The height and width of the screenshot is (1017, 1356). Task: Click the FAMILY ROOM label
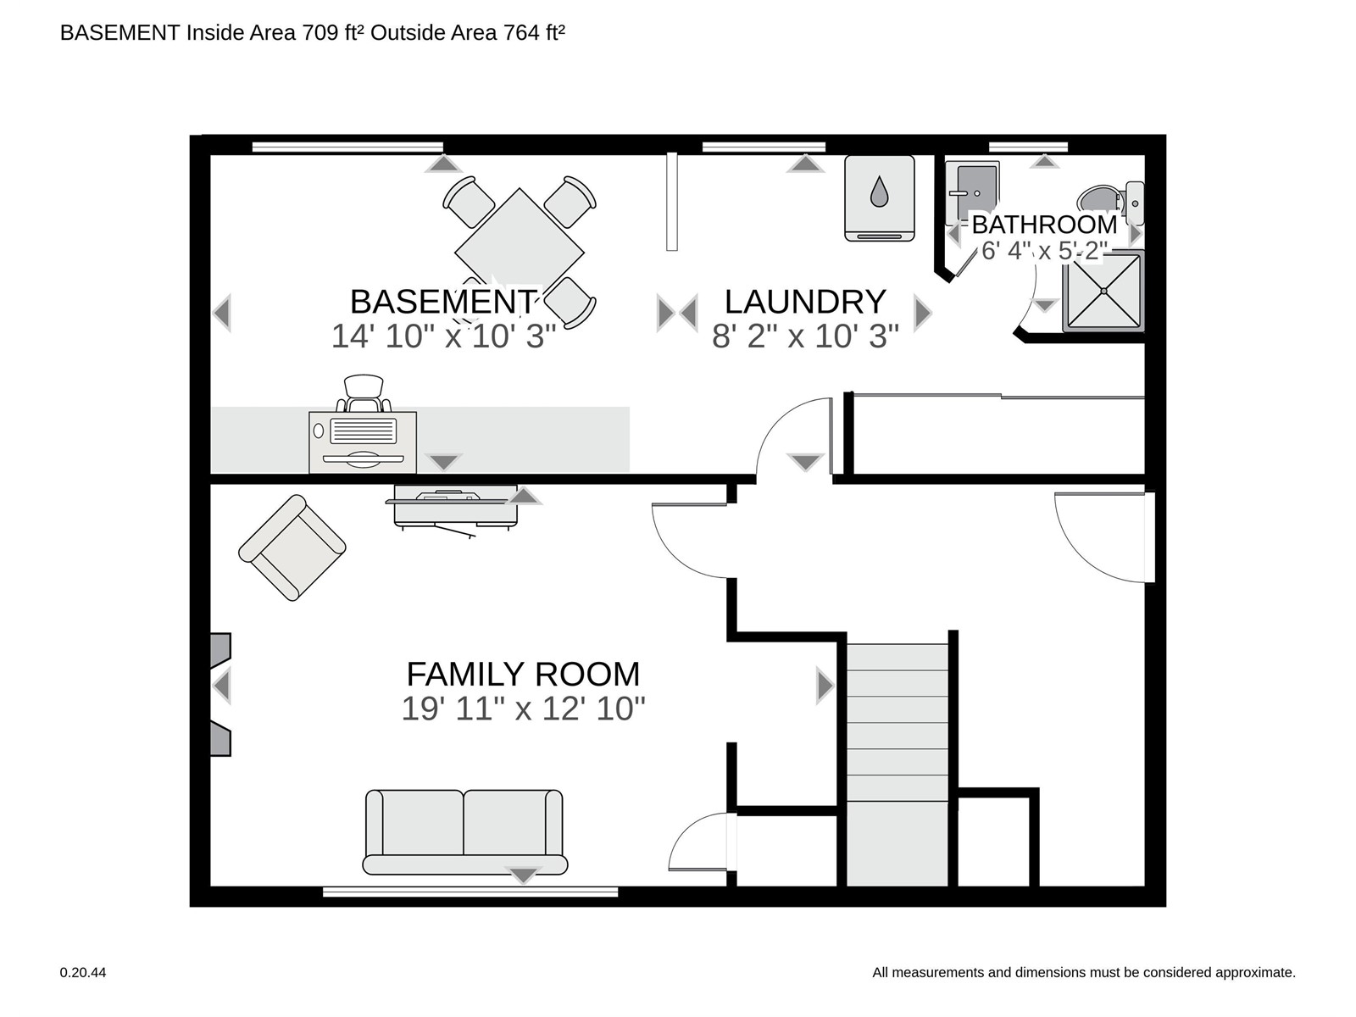(523, 674)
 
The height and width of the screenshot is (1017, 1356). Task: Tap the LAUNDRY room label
(805, 302)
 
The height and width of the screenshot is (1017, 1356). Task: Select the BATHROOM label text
(1044, 225)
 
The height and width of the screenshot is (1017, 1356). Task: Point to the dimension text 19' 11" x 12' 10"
(523, 709)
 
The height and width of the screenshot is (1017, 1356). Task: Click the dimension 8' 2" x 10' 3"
(805, 336)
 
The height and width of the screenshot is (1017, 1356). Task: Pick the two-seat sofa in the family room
(464, 831)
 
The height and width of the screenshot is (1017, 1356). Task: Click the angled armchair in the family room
(292, 547)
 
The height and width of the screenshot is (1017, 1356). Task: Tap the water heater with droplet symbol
(879, 198)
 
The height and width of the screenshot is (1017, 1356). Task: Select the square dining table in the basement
(519, 252)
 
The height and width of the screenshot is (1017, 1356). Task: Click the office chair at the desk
(364, 392)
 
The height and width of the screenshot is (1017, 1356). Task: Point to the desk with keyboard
(363, 442)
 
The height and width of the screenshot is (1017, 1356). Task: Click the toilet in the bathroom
(1110, 202)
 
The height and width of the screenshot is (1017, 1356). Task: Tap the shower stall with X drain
(1103, 291)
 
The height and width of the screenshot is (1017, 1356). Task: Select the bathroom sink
(972, 192)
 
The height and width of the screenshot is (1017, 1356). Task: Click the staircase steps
(897, 764)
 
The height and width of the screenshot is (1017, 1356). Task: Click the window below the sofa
(470, 892)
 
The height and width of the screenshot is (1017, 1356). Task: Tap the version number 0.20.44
(83, 973)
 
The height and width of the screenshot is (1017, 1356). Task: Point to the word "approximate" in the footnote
(1260, 973)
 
